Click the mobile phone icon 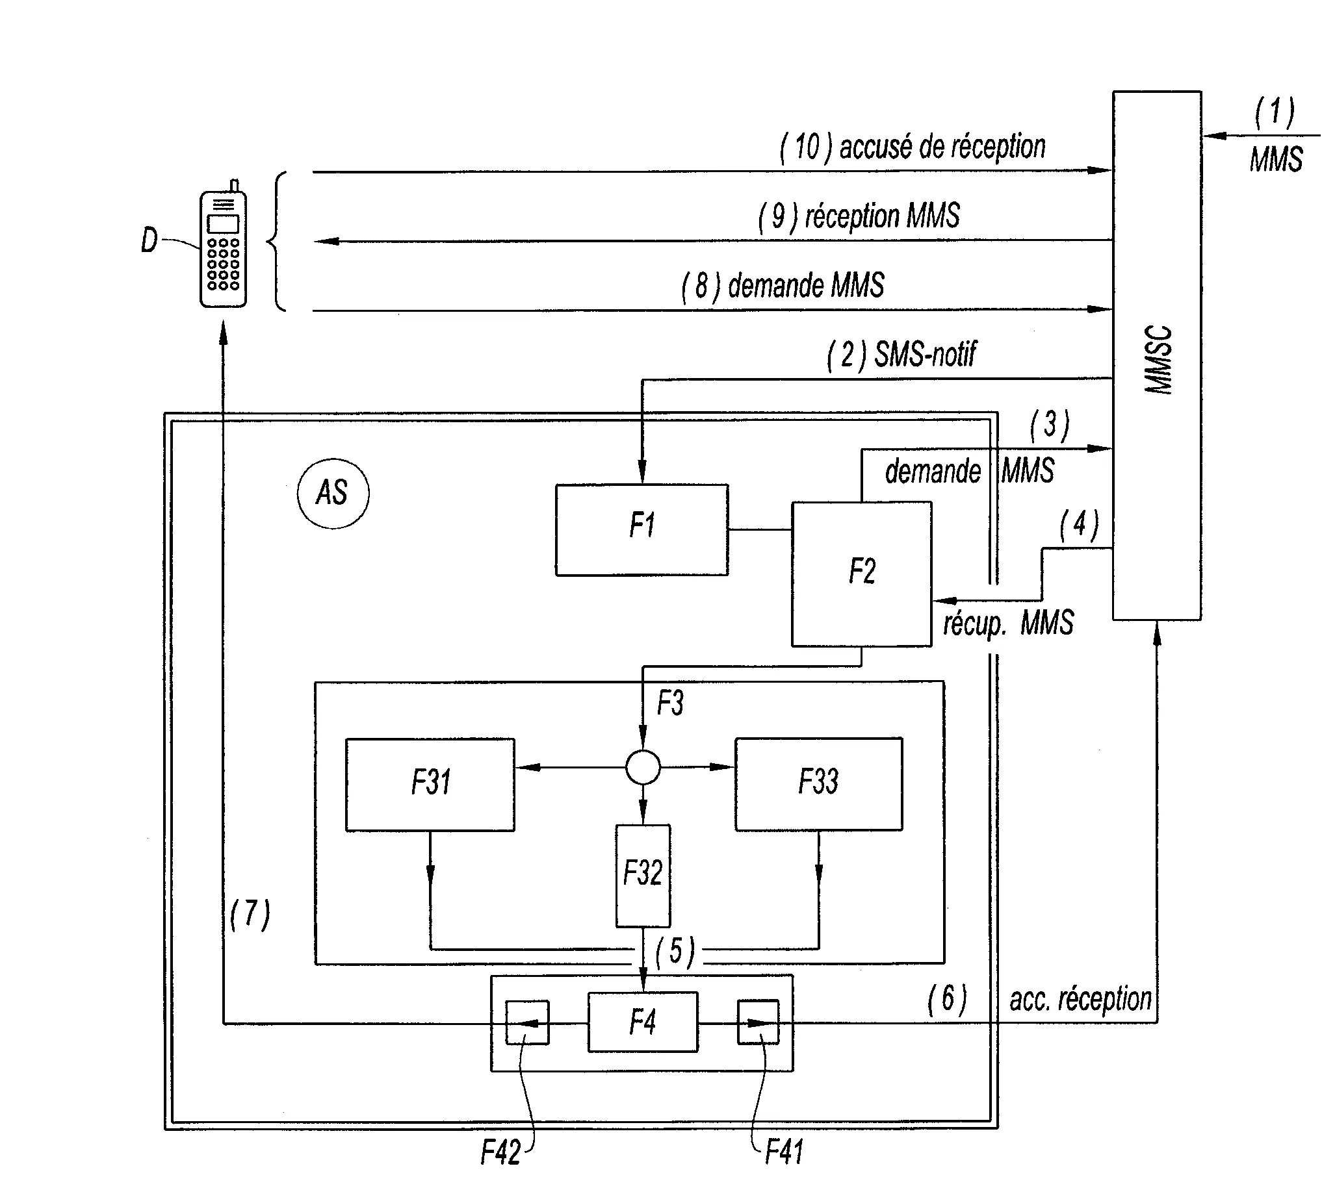click(223, 247)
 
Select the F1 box click(642, 529)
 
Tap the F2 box click(861, 574)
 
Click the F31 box click(430, 784)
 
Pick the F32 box click(643, 875)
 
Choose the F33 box click(819, 784)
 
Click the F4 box click(643, 1022)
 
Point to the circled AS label click(333, 493)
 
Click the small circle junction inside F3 click(643, 768)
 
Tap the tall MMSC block click(1156, 356)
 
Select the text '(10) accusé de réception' click(913, 147)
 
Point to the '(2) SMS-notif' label click(901, 355)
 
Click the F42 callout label click(501, 1152)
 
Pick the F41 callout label click(784, 1152)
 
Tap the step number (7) click(250, 914)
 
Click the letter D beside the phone click(149, 240)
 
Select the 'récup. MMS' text click(1008, 623)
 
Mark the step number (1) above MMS click(1274, 112)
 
